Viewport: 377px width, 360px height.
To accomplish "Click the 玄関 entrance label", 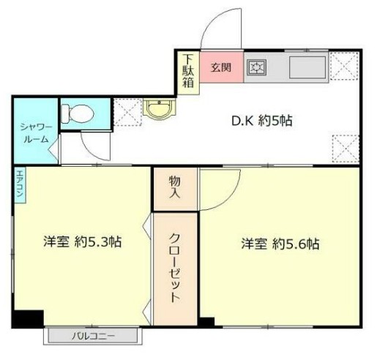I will click(221, 68).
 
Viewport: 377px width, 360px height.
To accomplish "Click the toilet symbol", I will click(78, 113).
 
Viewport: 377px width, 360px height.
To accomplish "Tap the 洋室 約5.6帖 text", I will click(280, 244).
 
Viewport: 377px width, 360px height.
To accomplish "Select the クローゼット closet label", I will click(175, 268).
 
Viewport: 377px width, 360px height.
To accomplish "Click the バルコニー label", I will click(92, 337).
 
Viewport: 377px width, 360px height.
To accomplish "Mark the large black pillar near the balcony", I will click(28, 320).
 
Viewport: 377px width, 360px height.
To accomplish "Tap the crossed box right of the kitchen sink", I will click(343, 67).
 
